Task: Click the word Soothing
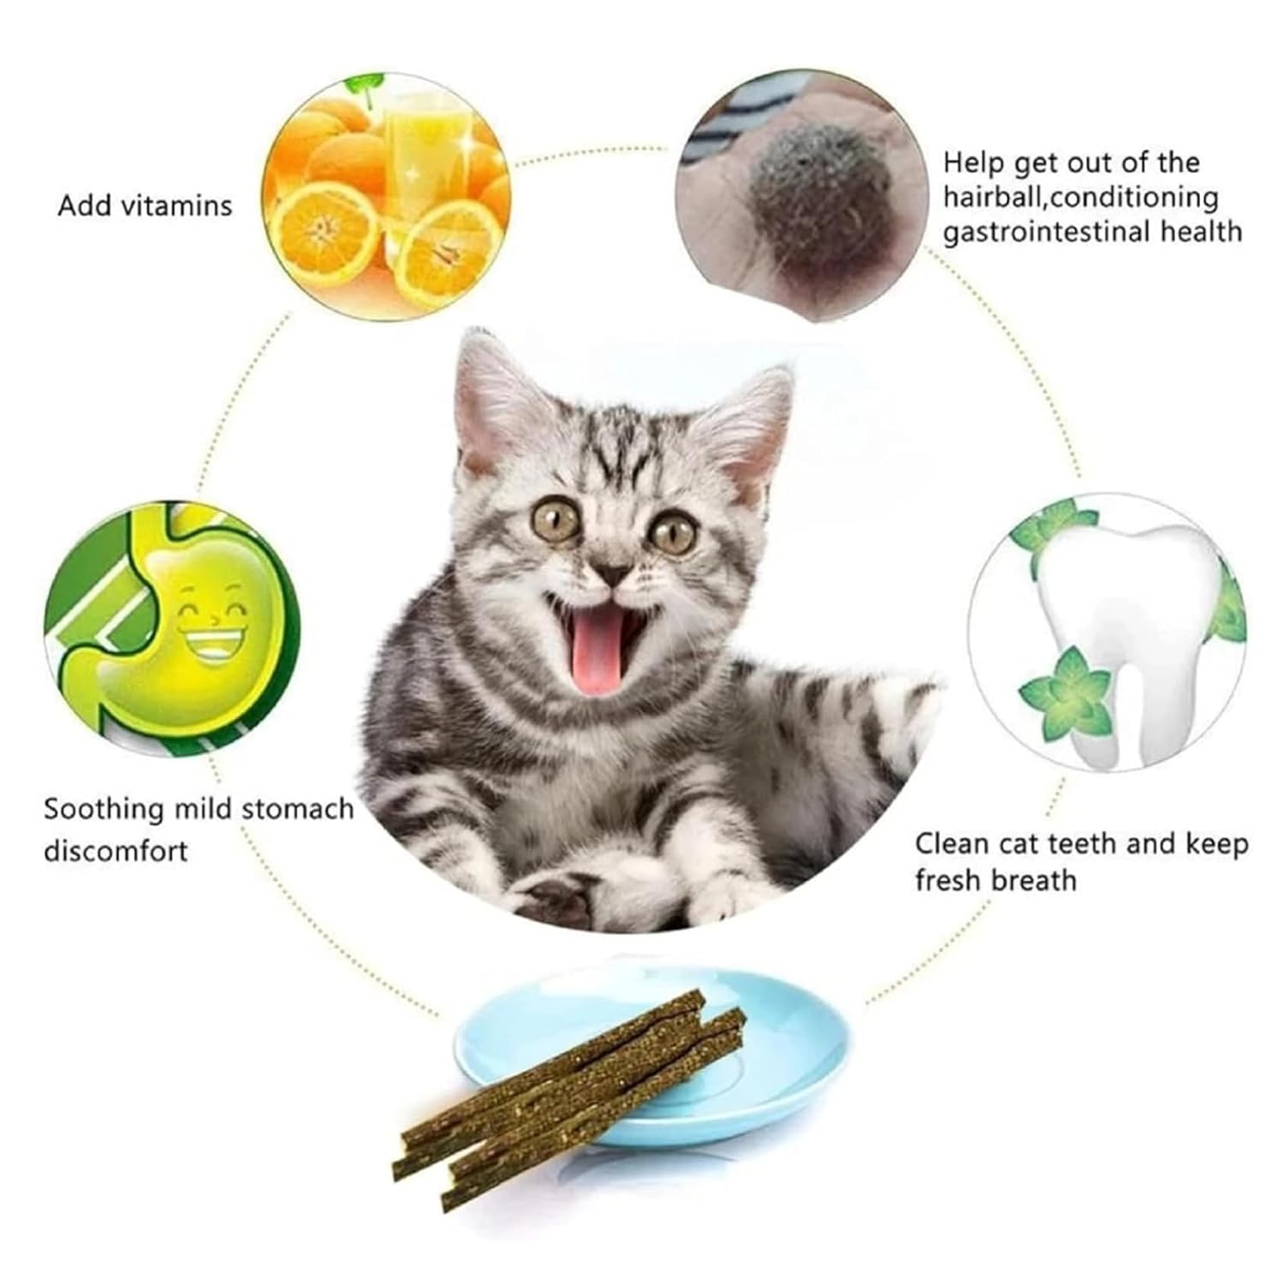(x=104, y=810)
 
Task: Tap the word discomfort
(x=116, y=852)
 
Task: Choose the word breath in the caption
(x=1035, y=880)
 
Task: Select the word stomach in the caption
(x=297, y=810)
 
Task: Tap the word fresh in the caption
(x=949, y=880)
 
